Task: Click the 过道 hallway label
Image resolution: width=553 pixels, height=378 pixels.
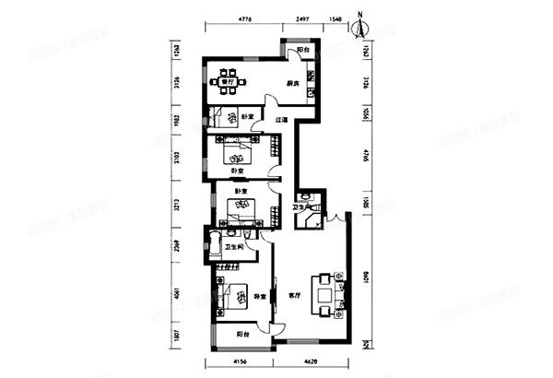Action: [283, 120]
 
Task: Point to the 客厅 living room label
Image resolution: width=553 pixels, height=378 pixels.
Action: [295, 297]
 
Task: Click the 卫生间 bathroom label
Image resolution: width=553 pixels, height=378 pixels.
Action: [234, 247]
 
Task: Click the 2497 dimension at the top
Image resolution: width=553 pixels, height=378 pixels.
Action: [301, 18]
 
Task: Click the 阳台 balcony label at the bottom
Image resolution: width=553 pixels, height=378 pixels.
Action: [241, 334]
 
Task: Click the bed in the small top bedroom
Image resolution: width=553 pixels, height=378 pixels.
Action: [220, 117]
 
